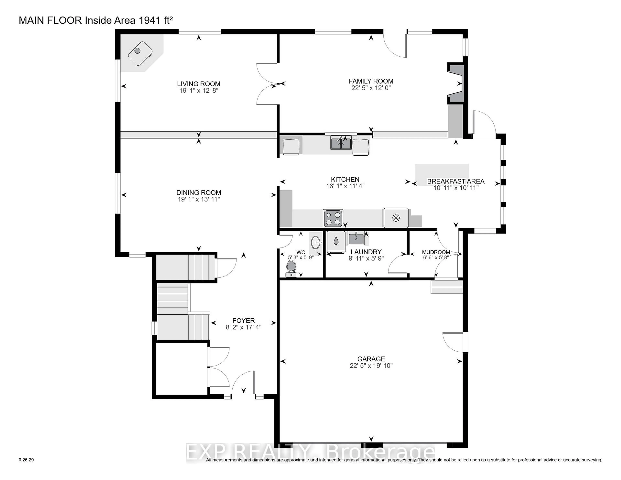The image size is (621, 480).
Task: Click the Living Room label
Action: click(x=198, y=84)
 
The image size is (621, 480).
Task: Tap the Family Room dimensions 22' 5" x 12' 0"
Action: click(x=371, y=88)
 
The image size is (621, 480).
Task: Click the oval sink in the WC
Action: click(x=316, y=243)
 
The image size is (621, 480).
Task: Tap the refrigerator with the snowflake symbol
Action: click(x=396, y=218)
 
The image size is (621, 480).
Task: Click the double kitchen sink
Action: click(x=341, y=143)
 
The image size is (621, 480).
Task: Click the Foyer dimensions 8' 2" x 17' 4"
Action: click(x=243, y=327)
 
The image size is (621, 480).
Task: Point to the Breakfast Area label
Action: click(x=456, y=181)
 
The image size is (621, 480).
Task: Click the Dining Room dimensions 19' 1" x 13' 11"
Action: click(x=198, y=199)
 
